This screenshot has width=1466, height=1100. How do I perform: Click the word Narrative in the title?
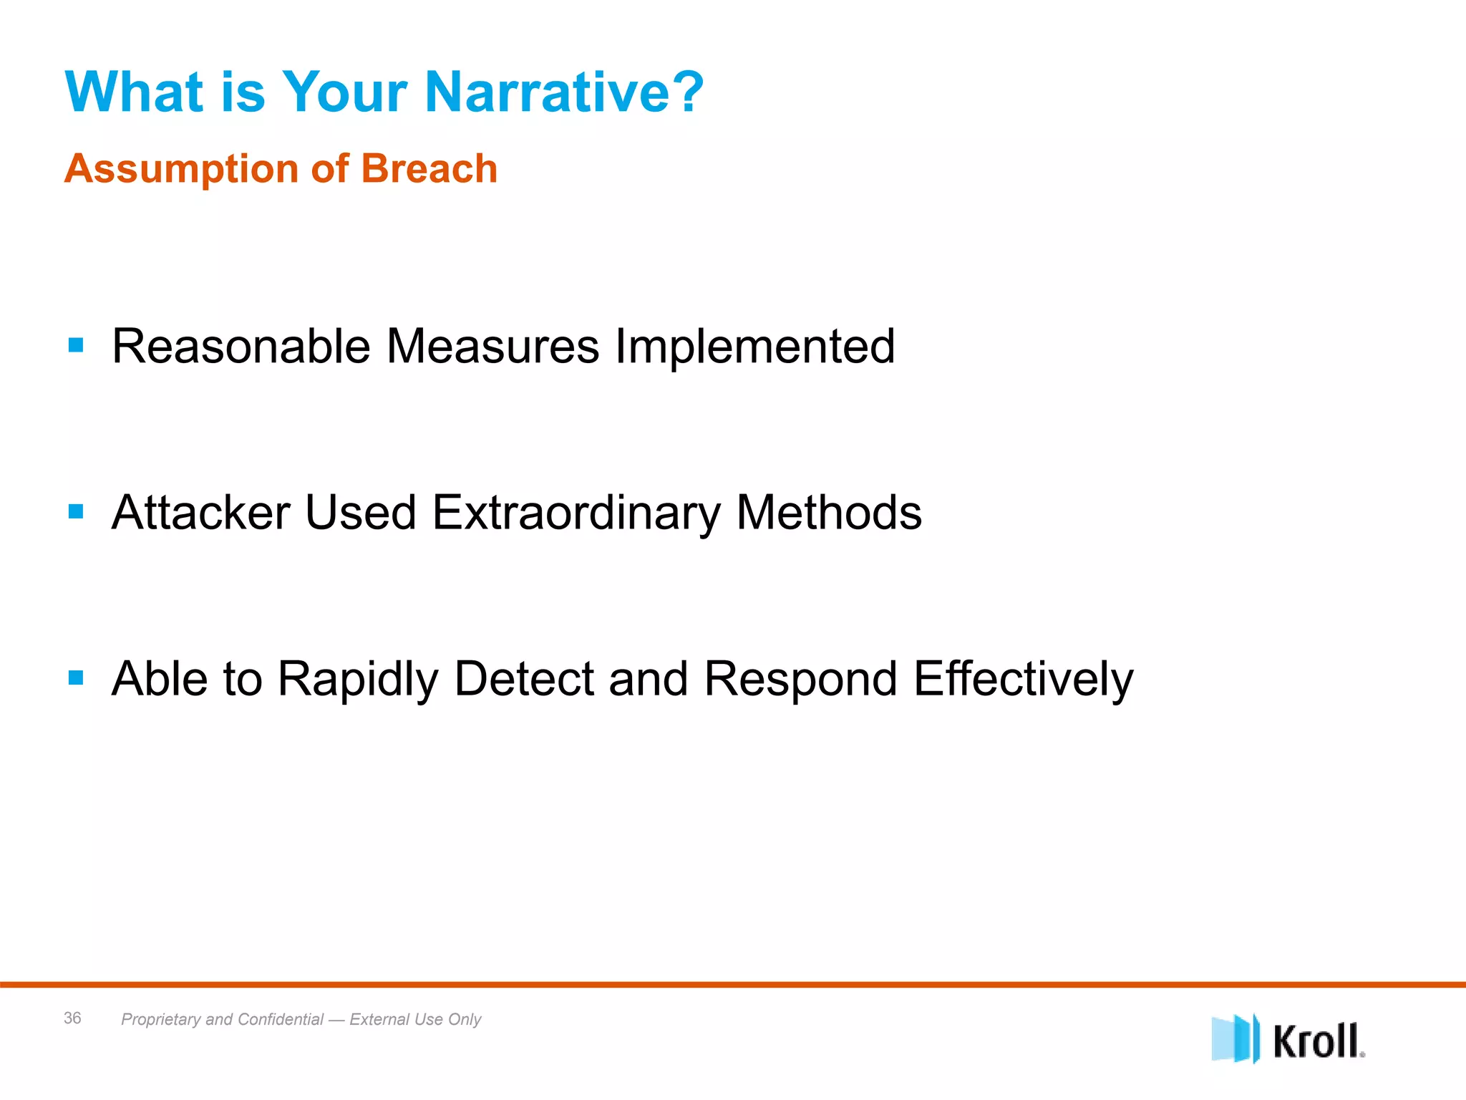point(564,92)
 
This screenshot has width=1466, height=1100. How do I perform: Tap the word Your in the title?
point(345,92)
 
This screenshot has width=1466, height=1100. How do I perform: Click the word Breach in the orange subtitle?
point(429,169)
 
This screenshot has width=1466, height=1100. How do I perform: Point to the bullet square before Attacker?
point(76,512)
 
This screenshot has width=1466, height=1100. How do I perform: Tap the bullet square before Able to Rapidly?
point(76,677)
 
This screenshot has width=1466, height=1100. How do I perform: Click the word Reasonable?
point(241,347)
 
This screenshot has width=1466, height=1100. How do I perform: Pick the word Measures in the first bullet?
point(492,347)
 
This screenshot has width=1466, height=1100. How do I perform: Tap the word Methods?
point(829,513)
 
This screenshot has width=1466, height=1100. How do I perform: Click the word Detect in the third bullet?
point(524,679)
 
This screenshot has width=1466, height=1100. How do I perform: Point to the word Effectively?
point(1024,679)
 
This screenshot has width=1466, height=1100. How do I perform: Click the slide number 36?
point(72,1018)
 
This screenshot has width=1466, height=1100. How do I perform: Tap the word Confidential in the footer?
point(281,1019)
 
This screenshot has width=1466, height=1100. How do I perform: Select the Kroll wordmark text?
point(1317,1041)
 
